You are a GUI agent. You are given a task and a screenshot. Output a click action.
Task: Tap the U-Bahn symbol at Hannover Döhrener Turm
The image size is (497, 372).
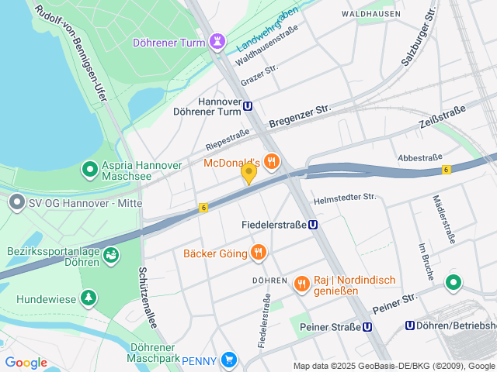point(248,107)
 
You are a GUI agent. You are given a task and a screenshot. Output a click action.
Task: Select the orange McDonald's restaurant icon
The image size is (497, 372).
point(271,161)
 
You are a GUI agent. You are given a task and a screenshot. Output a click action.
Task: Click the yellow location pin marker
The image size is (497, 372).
point(248,173)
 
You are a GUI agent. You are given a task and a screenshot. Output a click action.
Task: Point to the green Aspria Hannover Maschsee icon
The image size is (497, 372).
point(90,167)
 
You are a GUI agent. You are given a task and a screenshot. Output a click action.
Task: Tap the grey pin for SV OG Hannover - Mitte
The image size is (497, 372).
point(16,203)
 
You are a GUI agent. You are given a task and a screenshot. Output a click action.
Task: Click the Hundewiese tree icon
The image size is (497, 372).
point(89,297)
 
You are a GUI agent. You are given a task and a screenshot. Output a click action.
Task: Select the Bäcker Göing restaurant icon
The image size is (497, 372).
point(259,252)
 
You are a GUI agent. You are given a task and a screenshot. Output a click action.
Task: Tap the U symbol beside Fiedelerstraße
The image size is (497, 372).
point(311,225)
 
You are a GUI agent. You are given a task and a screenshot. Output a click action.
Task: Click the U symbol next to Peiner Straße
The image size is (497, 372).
point(367,327)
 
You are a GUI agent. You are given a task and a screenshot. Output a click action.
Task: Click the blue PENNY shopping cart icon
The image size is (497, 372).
point(228,360)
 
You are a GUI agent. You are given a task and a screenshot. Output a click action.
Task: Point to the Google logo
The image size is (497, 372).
point(26,363)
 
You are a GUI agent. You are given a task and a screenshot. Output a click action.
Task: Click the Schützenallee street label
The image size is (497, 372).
point(148,298)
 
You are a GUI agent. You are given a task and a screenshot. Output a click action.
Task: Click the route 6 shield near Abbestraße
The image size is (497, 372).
point(446,169)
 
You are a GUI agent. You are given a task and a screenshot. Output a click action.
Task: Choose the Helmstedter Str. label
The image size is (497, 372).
point(345,199)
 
